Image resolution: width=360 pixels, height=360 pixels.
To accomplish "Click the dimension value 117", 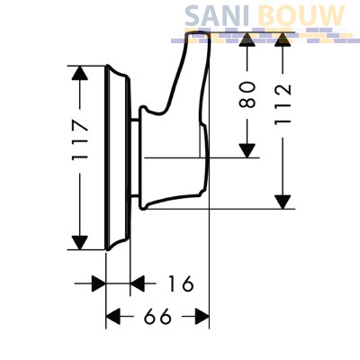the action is [x=81, y=139].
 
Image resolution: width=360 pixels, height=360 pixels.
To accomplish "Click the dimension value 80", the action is [x=247, y=94].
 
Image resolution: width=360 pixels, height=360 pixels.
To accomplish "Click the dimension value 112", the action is [x=283, y=104].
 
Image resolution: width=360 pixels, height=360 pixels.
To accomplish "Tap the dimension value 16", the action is [x=181, y=283].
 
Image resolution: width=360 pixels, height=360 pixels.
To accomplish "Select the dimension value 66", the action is [x=157, y=316].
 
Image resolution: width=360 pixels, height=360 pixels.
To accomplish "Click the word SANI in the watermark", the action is [x=217, y=15].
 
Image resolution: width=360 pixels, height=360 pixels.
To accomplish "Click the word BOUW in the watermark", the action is [x=301, y=15].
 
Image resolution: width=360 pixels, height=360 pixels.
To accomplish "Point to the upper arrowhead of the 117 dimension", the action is [x=79, y=73].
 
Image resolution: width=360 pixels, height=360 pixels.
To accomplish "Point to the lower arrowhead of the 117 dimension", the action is [x=79, y=243].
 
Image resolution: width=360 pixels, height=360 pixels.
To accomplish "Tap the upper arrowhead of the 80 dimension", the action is [x=247, y=40].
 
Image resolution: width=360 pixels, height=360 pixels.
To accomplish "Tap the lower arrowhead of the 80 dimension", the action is [x=247, y=150].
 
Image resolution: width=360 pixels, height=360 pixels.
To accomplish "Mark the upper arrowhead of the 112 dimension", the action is [x=283, y=40].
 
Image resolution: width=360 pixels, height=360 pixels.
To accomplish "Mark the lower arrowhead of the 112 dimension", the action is [x=283, y=202].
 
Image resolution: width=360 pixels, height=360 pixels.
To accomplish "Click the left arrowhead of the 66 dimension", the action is [x=113, y=316].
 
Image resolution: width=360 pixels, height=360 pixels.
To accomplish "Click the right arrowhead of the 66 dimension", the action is [x=202, y=316].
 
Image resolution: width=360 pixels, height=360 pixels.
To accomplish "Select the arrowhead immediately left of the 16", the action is [x=138, y=283].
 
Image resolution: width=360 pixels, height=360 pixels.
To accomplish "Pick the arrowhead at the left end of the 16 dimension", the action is [x=99, y=283].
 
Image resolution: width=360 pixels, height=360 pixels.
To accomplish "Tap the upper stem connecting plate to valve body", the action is [x=135, y=121].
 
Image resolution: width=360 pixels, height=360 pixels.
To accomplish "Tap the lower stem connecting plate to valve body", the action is [x=135, y=196].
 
